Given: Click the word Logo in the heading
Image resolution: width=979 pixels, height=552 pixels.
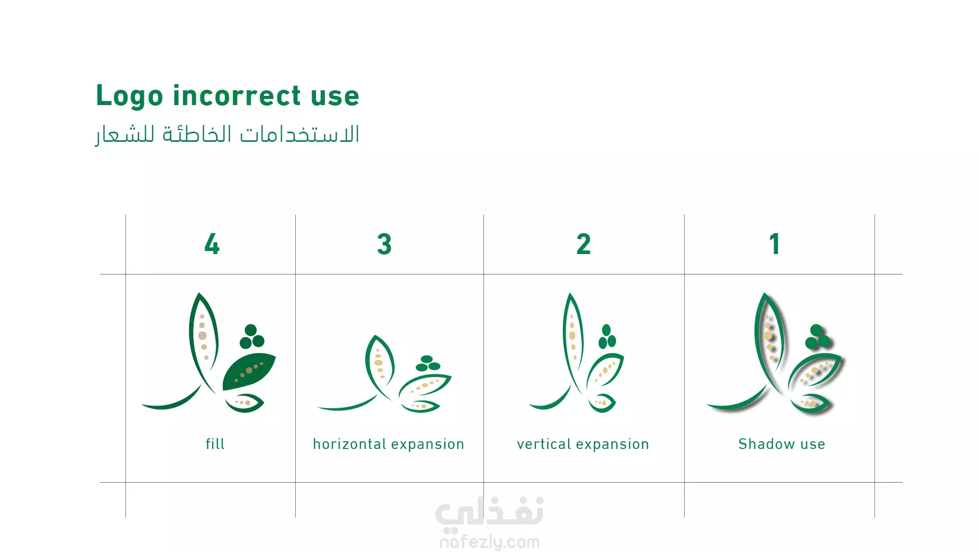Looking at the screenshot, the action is (130, 96).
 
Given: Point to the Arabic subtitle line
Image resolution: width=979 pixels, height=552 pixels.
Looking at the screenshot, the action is (227, 135).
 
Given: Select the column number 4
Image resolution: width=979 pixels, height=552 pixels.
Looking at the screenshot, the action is (212, 244).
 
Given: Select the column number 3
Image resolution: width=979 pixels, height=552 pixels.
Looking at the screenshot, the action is (384, 244).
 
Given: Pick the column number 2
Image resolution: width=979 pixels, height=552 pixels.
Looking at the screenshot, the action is (584, 244).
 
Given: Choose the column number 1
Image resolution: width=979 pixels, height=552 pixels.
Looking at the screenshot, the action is (775, 244).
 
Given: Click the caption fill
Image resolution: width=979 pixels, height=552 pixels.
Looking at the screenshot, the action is (215, 444).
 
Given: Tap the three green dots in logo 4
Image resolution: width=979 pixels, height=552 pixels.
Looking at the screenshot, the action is (252, 336).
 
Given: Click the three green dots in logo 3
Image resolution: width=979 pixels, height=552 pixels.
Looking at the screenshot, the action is (428, 364).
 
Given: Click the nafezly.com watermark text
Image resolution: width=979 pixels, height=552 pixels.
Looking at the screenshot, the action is (489, 542).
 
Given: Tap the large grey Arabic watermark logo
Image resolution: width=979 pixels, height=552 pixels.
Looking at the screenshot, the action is (489, 512).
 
